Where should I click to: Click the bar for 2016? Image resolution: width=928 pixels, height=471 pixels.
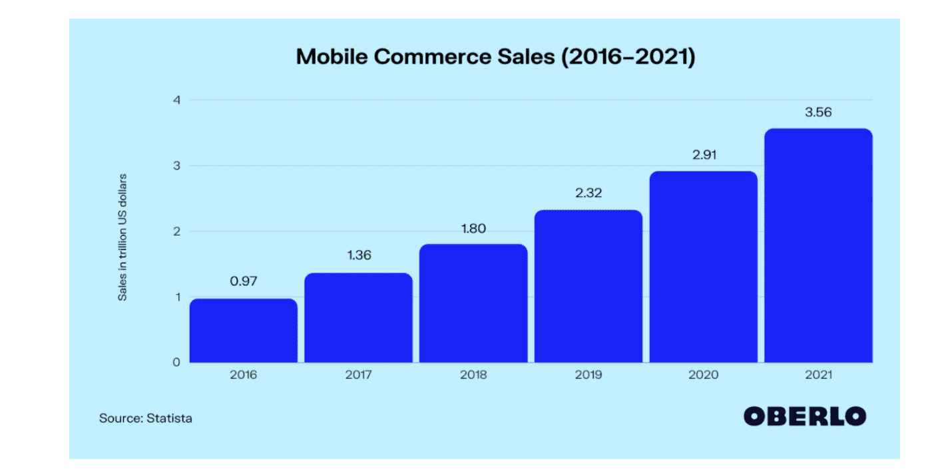point(244,331)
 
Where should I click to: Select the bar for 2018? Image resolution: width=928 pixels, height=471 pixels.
point(473,303)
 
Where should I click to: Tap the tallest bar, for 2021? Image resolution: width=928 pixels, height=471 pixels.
point(818,245)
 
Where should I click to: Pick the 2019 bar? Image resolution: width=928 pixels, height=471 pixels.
point(588,286)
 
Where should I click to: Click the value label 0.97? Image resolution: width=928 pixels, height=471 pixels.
point(244,281)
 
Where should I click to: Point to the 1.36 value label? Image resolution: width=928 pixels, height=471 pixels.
point(358,255)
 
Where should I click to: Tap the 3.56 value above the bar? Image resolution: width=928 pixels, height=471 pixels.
point(818,112)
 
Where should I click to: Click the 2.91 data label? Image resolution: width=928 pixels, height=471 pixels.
point(703,154)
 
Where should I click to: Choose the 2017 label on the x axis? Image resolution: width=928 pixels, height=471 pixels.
point(358,375)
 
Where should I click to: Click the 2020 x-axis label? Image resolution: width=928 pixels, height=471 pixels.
point(703,375)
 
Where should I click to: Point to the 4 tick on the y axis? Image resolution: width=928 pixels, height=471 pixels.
point(176,100)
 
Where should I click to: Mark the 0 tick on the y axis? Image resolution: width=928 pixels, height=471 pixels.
point(176,363)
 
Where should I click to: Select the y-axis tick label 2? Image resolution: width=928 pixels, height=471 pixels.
point(176,232)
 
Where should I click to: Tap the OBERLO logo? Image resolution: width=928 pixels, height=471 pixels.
point(805,416)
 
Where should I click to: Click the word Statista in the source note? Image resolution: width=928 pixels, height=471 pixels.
point(169,418)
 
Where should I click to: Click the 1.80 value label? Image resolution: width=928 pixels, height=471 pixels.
point(473,229)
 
